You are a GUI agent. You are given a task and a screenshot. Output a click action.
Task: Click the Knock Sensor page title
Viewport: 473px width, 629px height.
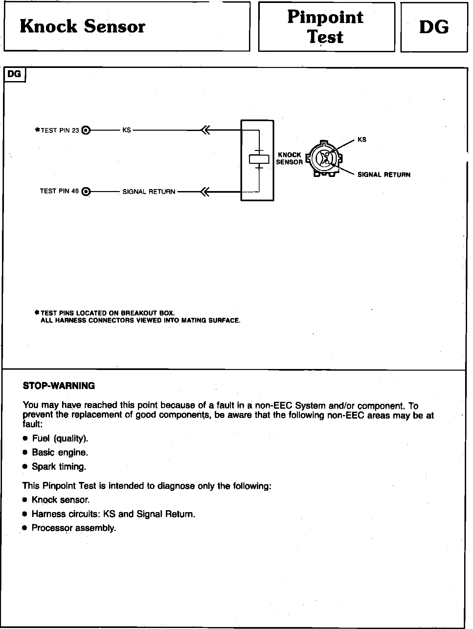click(82, 27)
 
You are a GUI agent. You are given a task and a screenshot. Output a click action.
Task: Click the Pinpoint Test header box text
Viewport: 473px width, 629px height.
click(326, 27)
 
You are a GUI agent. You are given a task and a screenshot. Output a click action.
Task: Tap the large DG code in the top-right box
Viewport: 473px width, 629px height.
click(434, 27)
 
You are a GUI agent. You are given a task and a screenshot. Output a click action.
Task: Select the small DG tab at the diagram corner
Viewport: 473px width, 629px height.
click(14, 74)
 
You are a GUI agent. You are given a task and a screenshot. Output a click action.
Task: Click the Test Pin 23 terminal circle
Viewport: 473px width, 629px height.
click(86, 130)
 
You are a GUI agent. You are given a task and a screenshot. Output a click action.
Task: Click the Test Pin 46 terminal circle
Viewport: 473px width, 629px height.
click(86, 191)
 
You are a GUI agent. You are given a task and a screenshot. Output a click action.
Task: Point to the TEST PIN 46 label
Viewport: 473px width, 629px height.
click(59, 191)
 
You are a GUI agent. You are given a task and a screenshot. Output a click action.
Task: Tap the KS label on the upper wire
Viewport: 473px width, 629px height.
click(126, 130)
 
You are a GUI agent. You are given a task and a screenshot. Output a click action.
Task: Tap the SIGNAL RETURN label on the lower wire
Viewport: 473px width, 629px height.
click(149, 192)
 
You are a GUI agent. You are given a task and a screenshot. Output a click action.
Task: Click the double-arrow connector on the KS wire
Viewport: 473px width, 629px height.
click(205, 130)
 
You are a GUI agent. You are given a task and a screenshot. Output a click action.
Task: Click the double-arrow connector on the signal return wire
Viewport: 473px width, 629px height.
click(205, 191)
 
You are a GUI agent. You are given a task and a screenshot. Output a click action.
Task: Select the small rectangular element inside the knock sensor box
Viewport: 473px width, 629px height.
click(259, 159)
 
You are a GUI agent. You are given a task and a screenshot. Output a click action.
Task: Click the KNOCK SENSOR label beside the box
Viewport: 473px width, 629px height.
click(289, 158)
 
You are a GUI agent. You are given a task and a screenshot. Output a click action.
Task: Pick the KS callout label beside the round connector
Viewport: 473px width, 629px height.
click(362, 140)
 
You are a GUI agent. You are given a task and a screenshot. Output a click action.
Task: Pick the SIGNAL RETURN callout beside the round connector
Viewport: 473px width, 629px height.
click(384, 175)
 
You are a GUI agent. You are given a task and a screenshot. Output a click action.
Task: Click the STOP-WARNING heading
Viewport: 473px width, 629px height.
click(59, 386)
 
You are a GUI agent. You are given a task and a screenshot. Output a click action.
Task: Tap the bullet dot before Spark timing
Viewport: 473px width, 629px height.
click(25, 467)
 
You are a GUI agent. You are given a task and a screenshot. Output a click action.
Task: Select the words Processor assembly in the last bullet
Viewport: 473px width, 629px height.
click(74, 528)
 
